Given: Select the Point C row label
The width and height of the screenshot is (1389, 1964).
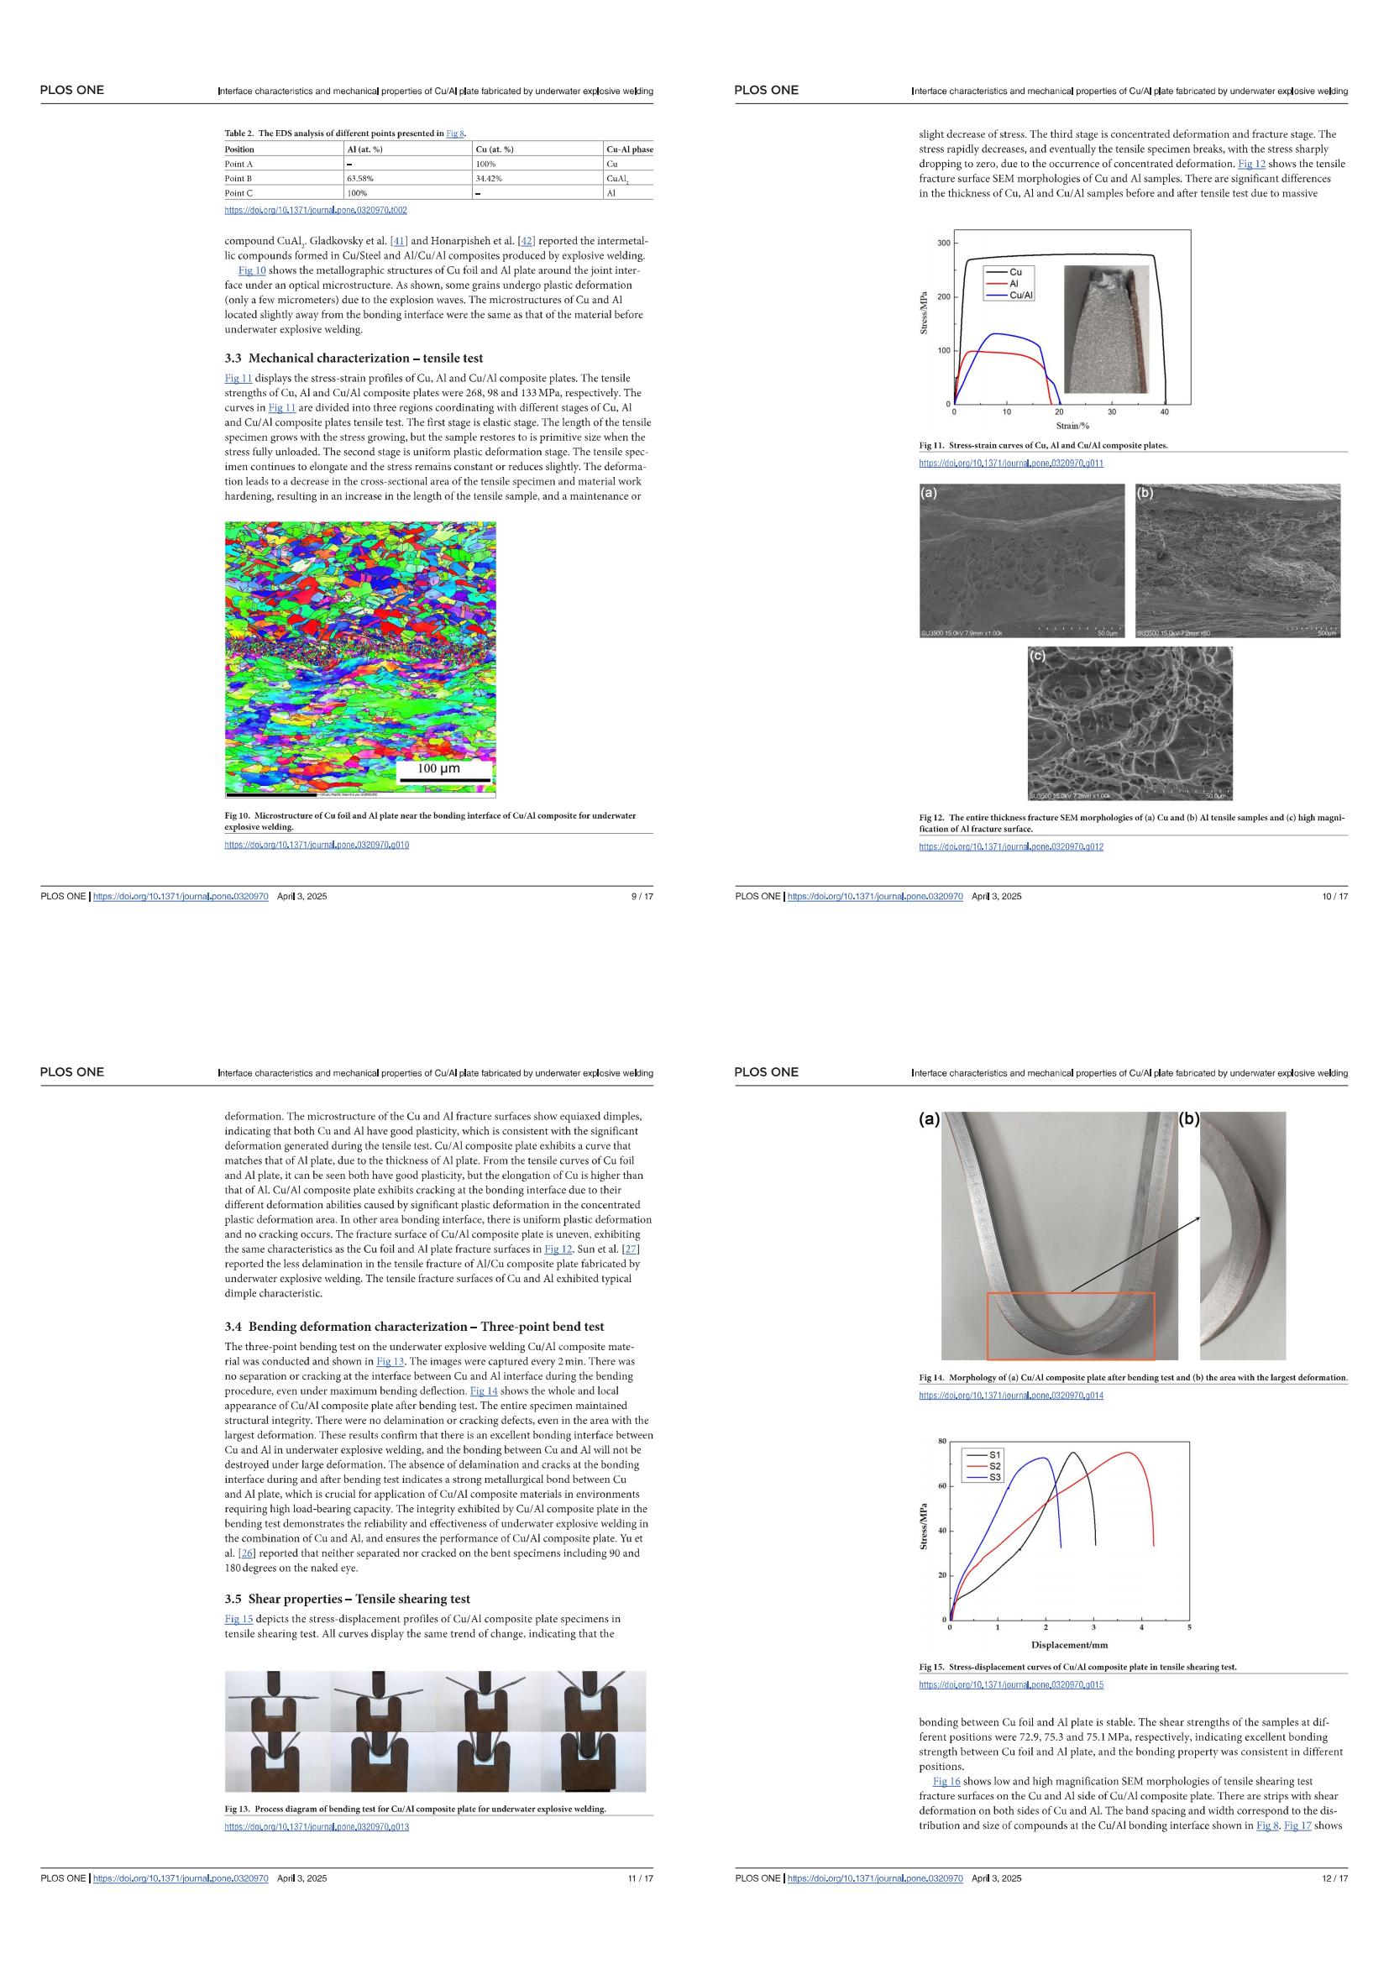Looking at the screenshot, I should click(238, 193).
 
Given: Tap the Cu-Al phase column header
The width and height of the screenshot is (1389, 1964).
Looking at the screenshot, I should click(629, 149).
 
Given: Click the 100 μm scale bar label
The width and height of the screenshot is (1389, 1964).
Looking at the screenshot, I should click(438, 768).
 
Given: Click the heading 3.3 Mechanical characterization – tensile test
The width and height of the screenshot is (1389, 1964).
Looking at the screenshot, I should click(354, 358).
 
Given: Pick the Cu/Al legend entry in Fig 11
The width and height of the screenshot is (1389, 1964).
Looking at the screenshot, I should click(1020, 295).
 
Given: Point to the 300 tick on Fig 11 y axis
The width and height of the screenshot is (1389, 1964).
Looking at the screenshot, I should click(943, 243).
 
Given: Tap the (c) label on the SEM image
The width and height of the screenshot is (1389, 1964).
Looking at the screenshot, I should click(1037, 656).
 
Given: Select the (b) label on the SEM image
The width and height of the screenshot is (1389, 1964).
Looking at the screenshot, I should click(1145, 493).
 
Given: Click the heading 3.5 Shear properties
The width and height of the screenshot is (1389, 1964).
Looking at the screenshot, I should click(348, 1599).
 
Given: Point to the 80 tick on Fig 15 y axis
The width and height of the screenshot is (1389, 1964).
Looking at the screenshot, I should click(941, 1442).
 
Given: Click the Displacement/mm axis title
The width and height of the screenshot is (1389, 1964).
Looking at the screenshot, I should click(1069, 1645).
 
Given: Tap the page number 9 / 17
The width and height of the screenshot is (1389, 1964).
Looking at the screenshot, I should click(642, 897).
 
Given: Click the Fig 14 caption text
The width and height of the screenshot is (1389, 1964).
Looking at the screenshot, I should click(1132, 1378).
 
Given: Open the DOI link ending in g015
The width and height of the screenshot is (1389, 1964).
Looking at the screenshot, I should click(1011, 1685).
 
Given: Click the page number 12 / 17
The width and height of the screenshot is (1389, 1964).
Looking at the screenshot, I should click(1334, 1878).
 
